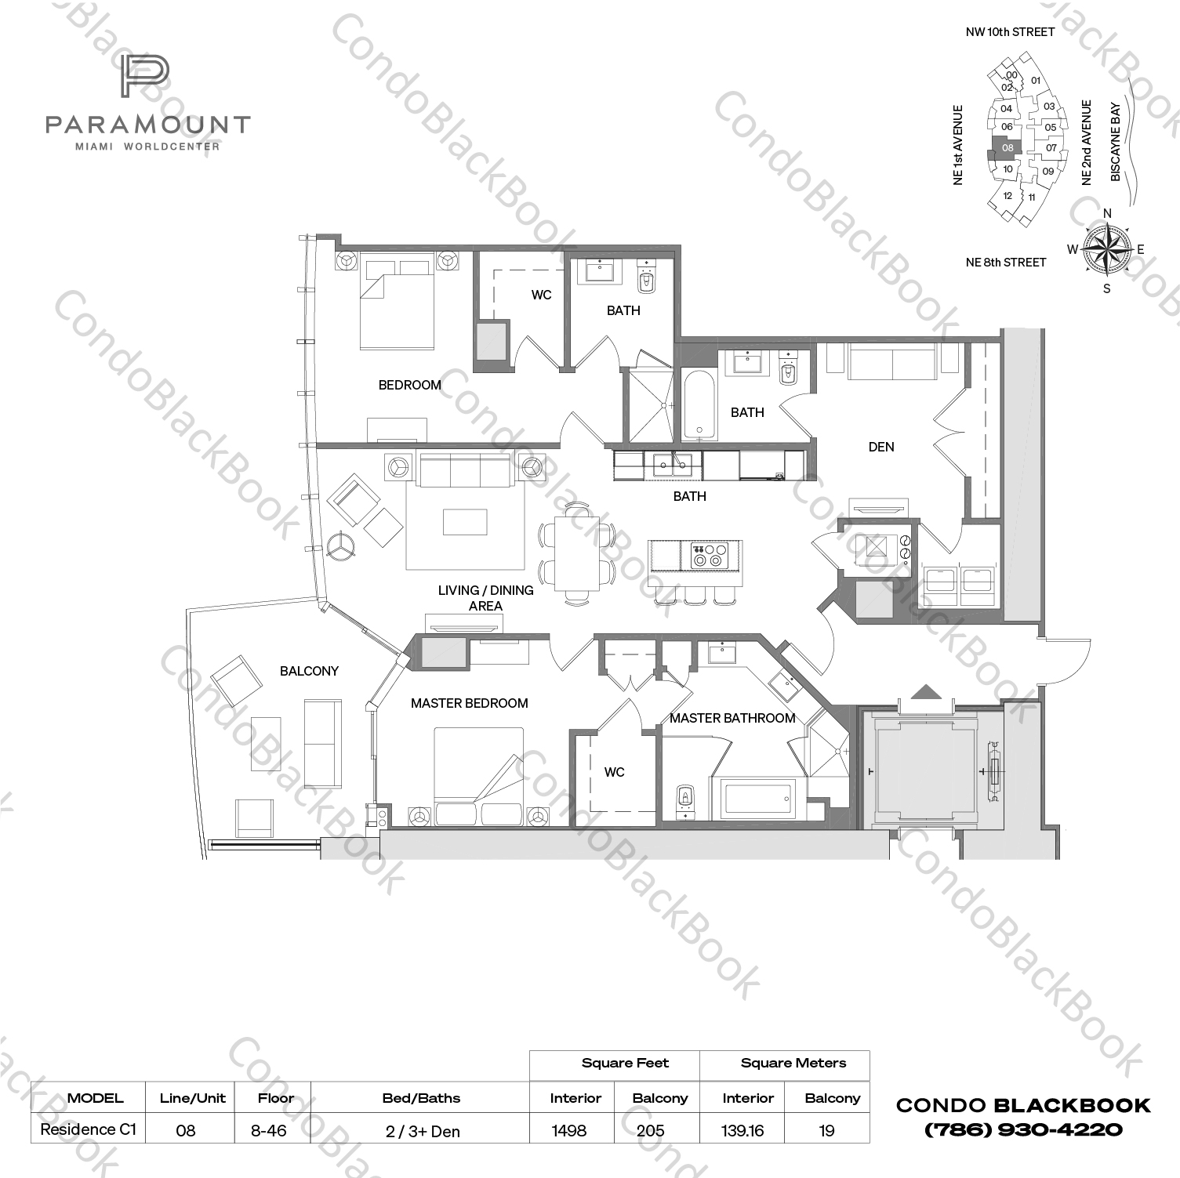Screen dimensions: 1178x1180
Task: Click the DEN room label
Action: click(880, 447)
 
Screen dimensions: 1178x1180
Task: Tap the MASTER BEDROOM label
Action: click(469, 703)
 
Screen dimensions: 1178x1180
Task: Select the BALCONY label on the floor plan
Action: click(309, 671)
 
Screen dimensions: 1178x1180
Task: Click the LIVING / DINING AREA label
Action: click(485, 598)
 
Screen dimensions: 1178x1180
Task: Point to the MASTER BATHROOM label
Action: click(732, 718)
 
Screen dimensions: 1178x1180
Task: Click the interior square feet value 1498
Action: click(569, 1130)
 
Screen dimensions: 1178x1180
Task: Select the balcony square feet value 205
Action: click(650, 1130)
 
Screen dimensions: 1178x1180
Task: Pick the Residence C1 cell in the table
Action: click(88, 1129)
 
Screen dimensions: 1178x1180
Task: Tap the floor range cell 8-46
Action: click(274, 1130)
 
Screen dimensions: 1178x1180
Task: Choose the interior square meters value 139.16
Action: click(742, 1130)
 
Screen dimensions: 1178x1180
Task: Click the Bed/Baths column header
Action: click(421, 1098)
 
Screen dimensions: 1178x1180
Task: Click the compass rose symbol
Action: click(1106, 250)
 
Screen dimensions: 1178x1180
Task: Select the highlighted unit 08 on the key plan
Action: click(1007, 147)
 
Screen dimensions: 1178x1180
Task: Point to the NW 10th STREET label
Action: click(1010, 32)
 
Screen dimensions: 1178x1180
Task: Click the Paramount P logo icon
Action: click(145, 77)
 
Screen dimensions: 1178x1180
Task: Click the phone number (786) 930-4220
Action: click(1023, 1130)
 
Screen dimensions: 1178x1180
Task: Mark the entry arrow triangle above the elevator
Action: click(927, 691)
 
